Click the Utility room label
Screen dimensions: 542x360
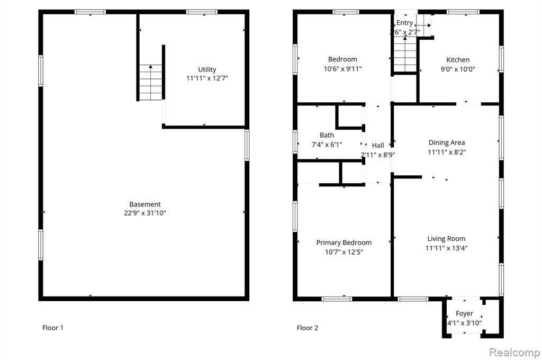point(207,69)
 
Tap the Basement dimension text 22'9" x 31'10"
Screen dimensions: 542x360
point(145,213)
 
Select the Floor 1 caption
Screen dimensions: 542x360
point(53,328)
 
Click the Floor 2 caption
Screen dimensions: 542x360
point(308,328)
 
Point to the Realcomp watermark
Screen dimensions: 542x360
point(514,353)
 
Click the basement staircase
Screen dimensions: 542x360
point(151,82)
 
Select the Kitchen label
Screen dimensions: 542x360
point(458,60)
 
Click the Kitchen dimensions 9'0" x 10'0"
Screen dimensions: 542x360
point(458,69)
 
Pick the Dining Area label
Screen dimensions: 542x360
point(447,142)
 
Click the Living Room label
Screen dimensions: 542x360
point(446,239)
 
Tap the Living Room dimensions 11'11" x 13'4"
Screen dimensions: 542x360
point(446,248)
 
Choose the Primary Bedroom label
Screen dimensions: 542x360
point(344,243)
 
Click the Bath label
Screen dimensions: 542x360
point(327,135)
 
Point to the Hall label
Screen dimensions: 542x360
point(378,146)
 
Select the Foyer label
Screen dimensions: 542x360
point(464,313)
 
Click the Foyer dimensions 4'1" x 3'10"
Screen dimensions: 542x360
point(464,323)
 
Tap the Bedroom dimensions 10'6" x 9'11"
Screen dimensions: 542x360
point(342,69)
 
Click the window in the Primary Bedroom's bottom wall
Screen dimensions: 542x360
point(337,299)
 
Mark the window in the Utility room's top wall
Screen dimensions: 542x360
point(202,12)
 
